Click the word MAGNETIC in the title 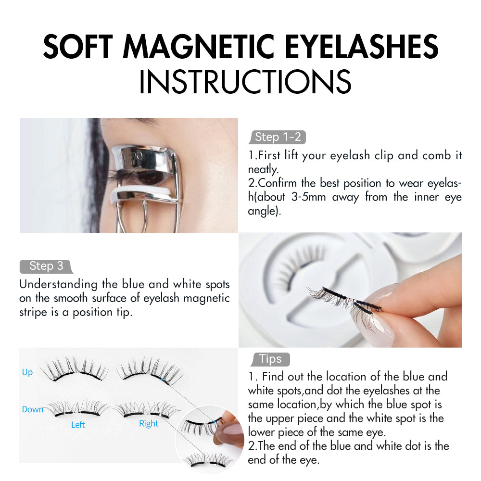point(214,47)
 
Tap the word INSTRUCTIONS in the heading point(245,81)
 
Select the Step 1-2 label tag point(278,137)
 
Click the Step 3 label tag point(46,266)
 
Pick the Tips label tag point(270,359)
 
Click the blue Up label point(27,372)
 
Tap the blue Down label point(33,409)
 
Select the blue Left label point(78,425)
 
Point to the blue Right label point(149,423)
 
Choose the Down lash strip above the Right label point(147,410)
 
